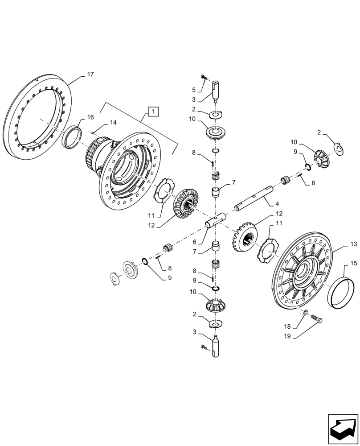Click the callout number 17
pos(90,74)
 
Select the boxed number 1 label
pos(152,111)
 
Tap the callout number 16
pos(90,117)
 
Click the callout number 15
pos(353,264)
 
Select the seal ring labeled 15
pos(341,292)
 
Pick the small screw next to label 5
pos(203,77)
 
